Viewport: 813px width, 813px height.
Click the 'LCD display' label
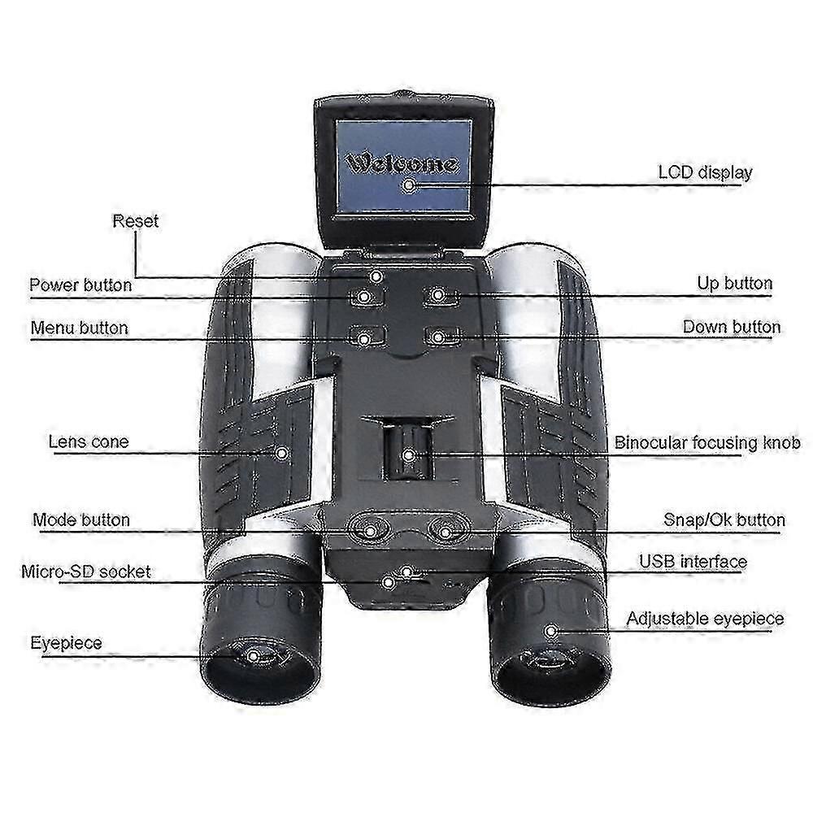704,172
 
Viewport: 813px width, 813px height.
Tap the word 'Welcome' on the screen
402,163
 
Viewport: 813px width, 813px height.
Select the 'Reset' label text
136,220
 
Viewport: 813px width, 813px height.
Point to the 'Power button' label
80,285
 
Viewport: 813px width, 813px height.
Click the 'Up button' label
734,283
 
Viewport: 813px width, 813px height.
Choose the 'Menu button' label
79,328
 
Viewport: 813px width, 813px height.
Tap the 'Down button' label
731,327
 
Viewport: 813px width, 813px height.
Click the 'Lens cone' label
88,442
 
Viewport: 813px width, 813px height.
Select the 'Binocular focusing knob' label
706,443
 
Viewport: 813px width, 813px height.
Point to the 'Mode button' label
80,520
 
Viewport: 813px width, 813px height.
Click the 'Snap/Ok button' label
724,520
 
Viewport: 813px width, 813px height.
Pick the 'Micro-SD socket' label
85,572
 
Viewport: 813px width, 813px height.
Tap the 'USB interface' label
692,561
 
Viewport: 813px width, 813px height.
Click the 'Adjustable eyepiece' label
704,619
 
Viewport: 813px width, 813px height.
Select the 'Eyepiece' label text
66,643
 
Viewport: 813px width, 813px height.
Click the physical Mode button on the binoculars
370,530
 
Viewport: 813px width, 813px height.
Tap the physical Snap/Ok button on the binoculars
446,530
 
